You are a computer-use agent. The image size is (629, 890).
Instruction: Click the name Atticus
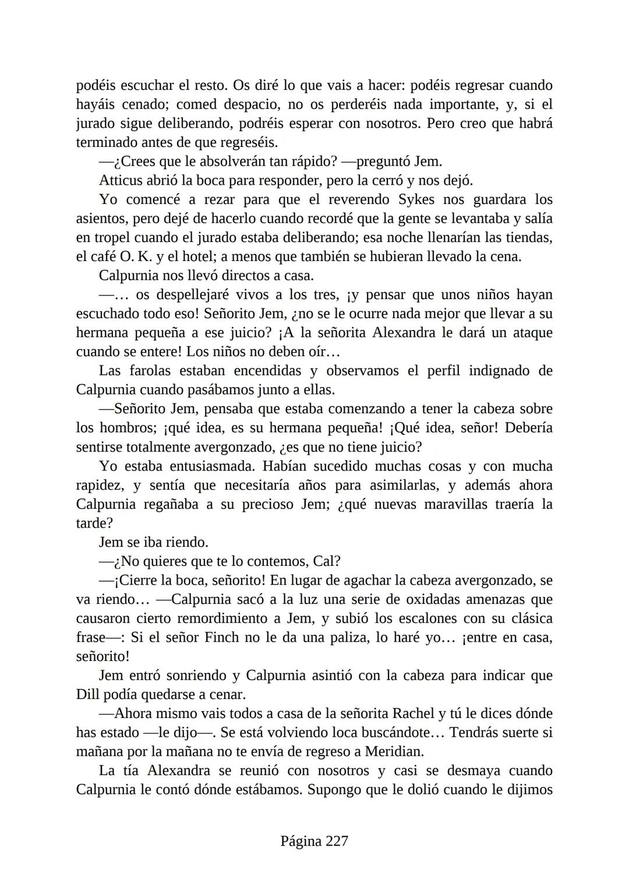click(x=122, y=181)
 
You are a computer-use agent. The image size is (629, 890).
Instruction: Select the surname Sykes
click(x=419, y=199)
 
